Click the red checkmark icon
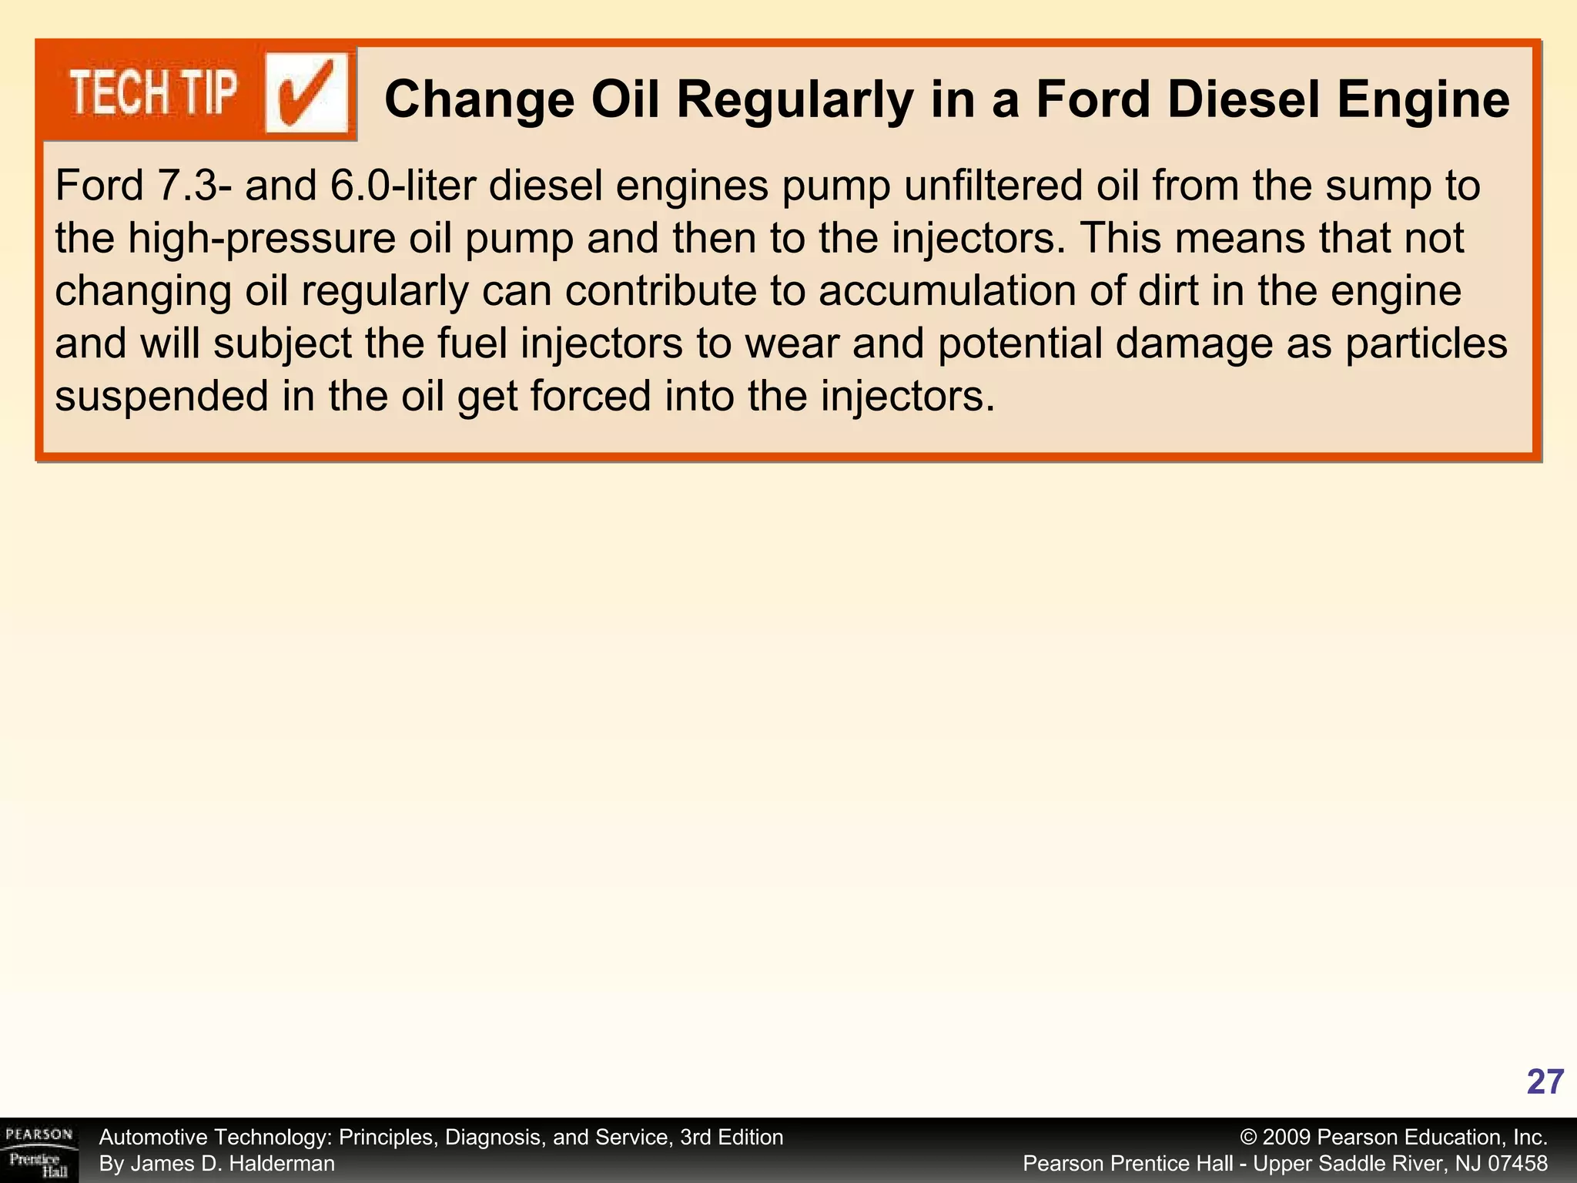306,94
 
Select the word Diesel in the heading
1243,100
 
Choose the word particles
1426,344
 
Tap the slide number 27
1545,1082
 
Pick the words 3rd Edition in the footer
732,1138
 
